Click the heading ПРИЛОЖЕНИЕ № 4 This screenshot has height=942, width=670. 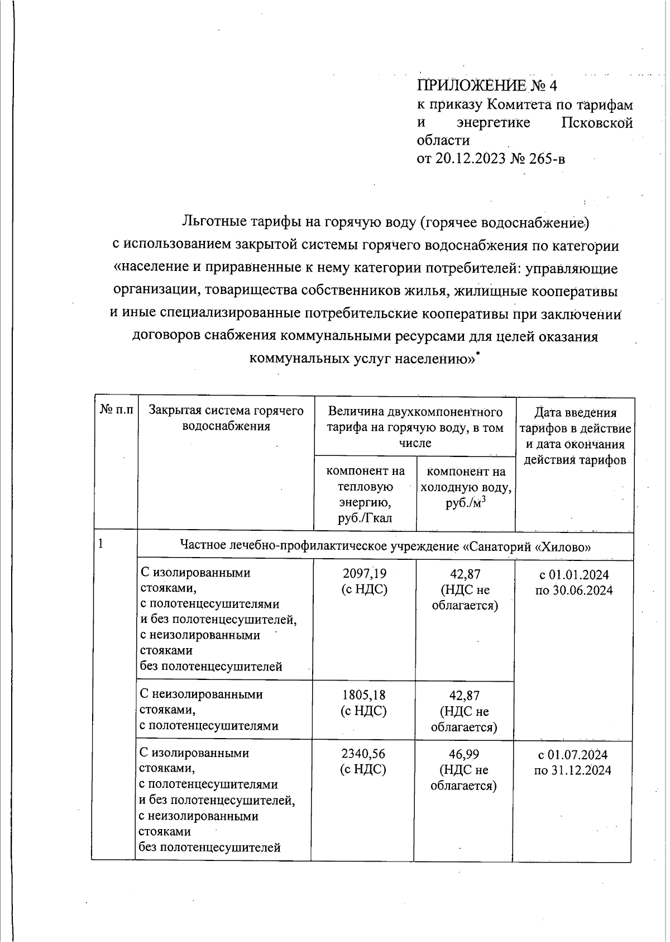coord(487,85)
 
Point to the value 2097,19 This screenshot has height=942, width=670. coord(364,573)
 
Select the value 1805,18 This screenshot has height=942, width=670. coord(364,695)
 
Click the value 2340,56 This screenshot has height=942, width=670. coord(363,754)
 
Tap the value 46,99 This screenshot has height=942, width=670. coord(464,754)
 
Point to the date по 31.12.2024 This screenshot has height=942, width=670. coord(572,770)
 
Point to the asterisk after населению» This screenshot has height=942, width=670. coord(478,353)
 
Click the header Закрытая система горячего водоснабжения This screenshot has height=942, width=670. coord(226,418)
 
